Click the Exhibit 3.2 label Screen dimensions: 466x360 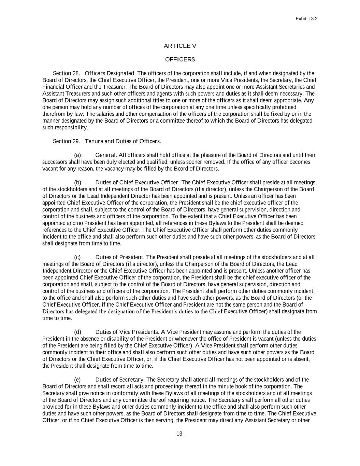tap(306, 19)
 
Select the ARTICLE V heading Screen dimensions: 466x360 tap(180, 46)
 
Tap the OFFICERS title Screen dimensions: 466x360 tap(180, 59)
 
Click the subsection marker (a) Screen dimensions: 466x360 tap(77, 155)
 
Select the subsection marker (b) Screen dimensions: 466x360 tap(77, 182)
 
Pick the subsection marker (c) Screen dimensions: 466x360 tap(77, 257)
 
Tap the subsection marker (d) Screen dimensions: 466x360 tap(77, 332)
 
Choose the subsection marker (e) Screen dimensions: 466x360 tap(77, 380)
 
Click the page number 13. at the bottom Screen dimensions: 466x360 tap(180, 434)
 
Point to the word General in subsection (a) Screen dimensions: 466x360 tap(106, 155)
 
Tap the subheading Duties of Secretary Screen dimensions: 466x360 tap(120, 380)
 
